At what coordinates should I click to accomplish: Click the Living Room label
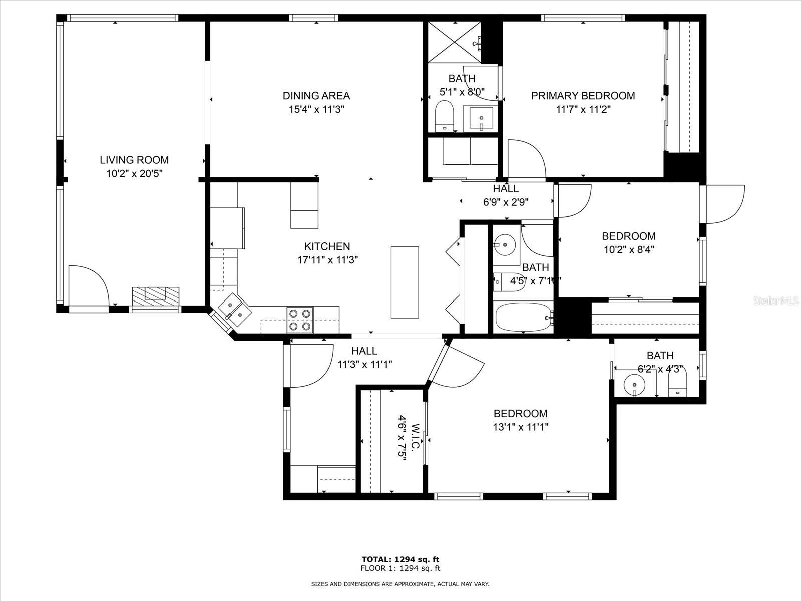click(x=134, y=160)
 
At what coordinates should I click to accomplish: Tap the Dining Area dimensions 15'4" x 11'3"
click(x=316, y=109)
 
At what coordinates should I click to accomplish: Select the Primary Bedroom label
click(x=583, y=96)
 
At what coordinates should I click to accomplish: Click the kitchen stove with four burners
click(x=300, y=320)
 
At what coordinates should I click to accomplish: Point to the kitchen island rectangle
click(x=405, y=282)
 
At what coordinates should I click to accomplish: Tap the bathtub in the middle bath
click(x=523, y=317)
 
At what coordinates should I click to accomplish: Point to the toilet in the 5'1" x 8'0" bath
click(x=444, y=115)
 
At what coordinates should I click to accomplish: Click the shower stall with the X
click(x=454, y=42)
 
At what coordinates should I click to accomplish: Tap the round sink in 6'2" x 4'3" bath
click(x=634, y=385)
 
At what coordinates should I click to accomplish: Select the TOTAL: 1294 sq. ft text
click(x=400, y=559)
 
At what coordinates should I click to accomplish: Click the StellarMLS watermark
click(x=776, y=301)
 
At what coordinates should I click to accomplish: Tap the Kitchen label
click(x=327, y=246)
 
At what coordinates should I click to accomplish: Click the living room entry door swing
click(x=88, y=285)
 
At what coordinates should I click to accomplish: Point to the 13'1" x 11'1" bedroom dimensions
click(x=521, y=427)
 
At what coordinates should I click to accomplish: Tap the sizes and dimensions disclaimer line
click(x=400, y=584)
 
